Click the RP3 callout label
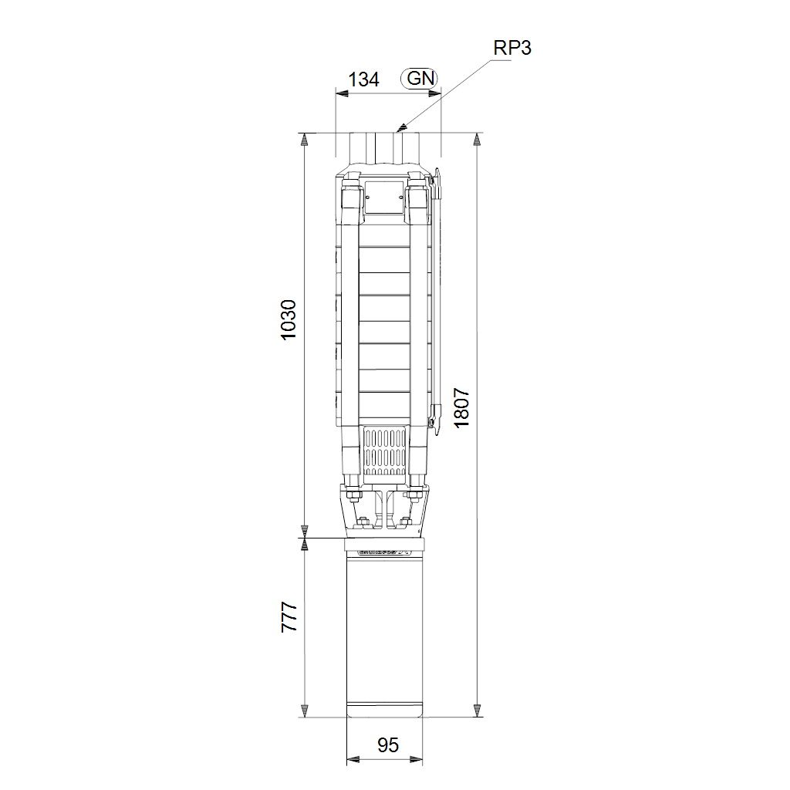point(512,48)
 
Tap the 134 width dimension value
point(364,79)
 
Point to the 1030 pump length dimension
point(289,320)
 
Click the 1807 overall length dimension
point(461,407)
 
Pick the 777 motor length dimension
point(289,616)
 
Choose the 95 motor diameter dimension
point(388,745)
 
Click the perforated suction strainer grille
point(385,452)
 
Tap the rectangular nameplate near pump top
point(384,197)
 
